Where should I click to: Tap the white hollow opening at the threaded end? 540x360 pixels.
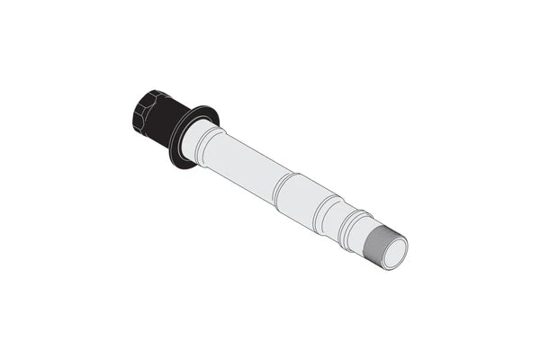pyautogui.click(x=394, y=253)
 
